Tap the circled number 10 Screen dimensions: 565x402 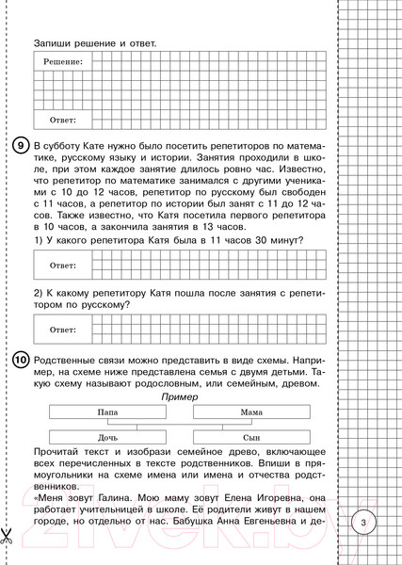click(x=20, y=362)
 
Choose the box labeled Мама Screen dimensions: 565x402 click(x=250, y=412)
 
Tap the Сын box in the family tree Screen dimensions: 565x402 click(x=250, y=438)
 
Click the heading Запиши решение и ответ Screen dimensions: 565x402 click(x=94, y=43)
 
